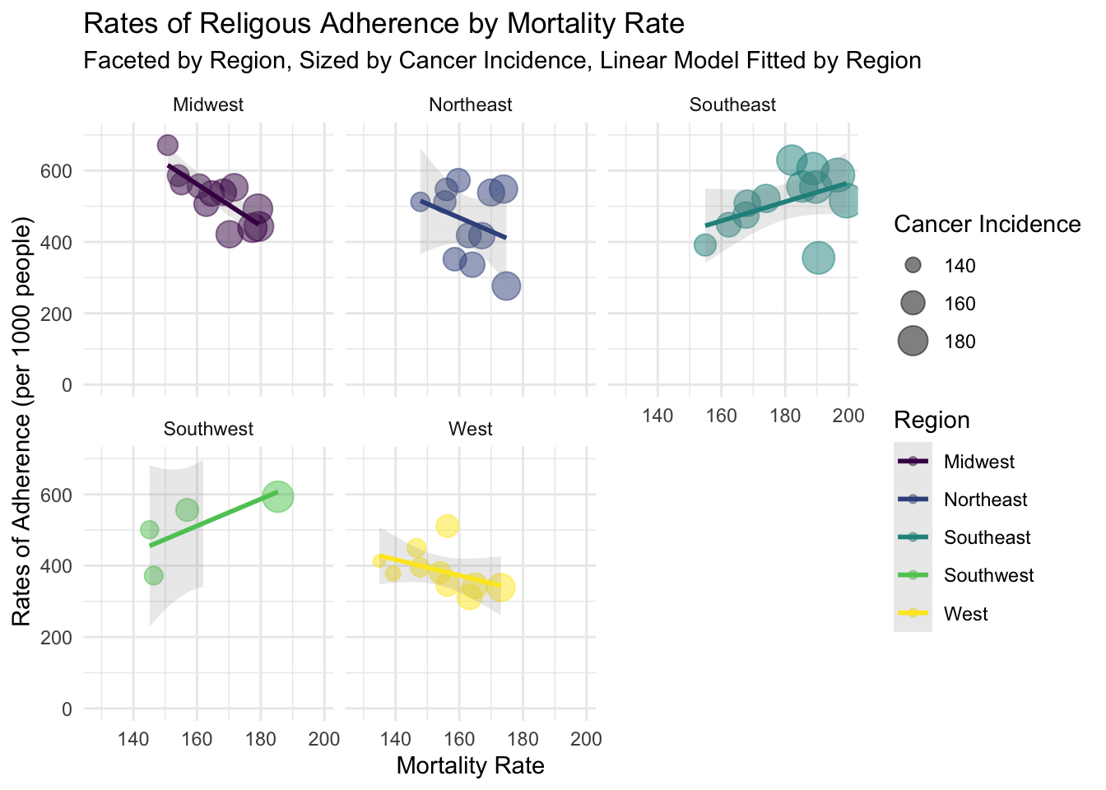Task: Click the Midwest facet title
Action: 208,105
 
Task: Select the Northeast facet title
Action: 471,105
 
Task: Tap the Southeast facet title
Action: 732,105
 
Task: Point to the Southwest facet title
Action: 208,429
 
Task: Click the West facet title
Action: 471,429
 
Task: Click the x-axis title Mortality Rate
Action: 470,766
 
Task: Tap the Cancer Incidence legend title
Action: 987,224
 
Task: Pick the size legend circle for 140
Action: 913,265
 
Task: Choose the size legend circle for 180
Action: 913,341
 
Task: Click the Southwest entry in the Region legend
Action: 989,575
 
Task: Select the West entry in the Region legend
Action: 966,614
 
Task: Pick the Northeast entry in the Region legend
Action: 986,500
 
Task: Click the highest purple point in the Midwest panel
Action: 168,145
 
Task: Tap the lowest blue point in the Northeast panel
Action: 506,286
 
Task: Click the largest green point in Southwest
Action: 278,496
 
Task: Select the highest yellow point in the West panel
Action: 447,526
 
